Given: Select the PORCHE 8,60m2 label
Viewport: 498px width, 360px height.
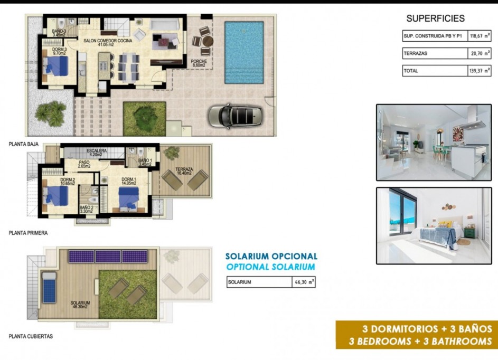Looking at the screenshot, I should (199, 63).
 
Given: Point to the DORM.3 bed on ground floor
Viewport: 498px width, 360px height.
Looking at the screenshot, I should (56, 67).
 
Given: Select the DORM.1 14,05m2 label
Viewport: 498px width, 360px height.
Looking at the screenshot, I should (129, 181).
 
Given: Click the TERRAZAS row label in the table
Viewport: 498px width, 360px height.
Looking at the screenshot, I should (416, 53).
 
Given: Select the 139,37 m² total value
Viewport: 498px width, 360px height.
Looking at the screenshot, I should (479, 71).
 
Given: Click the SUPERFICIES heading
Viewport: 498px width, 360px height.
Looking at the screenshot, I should (435, 18).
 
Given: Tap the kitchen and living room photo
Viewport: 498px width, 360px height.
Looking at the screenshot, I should (434, 143).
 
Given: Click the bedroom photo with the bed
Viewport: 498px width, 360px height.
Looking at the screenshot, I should (434, 225).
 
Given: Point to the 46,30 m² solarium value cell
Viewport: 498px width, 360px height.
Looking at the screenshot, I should (304, 282).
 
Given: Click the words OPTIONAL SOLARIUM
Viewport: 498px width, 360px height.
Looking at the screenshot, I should (270, 267).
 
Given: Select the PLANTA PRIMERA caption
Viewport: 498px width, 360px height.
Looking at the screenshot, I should (28, 233).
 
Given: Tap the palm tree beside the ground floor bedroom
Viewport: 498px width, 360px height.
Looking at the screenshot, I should (51, 112).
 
